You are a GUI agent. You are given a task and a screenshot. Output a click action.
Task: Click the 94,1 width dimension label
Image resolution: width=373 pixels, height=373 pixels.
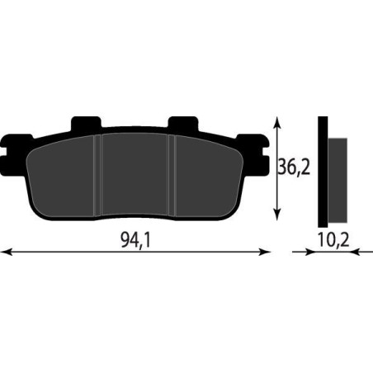click(x=135, y=240)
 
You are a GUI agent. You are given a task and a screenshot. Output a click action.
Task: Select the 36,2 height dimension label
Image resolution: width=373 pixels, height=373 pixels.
click(x=294, y=167)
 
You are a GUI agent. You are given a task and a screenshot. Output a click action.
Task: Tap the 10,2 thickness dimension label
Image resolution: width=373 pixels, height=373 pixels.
click(x=333, y=240)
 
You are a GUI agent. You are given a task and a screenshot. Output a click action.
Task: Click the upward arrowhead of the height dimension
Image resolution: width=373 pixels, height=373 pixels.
click(x=277, y=122)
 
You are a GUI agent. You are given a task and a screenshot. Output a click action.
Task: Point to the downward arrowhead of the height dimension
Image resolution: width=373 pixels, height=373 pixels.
click(x=277, y=215)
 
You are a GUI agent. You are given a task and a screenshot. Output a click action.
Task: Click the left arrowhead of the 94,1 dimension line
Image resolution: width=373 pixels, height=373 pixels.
click(x=7, y=252)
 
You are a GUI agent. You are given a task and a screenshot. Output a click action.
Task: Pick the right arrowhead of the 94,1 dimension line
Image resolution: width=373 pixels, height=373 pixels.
click(x=265, y=252)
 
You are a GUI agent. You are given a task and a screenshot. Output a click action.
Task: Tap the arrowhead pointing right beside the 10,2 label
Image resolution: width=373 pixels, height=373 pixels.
click(x=309, y=252)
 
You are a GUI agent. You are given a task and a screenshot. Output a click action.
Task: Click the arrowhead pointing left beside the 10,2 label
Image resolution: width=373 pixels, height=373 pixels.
click(x=356, y=252)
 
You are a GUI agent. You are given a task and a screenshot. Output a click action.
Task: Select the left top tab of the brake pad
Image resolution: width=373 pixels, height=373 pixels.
click(x=86, y=123)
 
